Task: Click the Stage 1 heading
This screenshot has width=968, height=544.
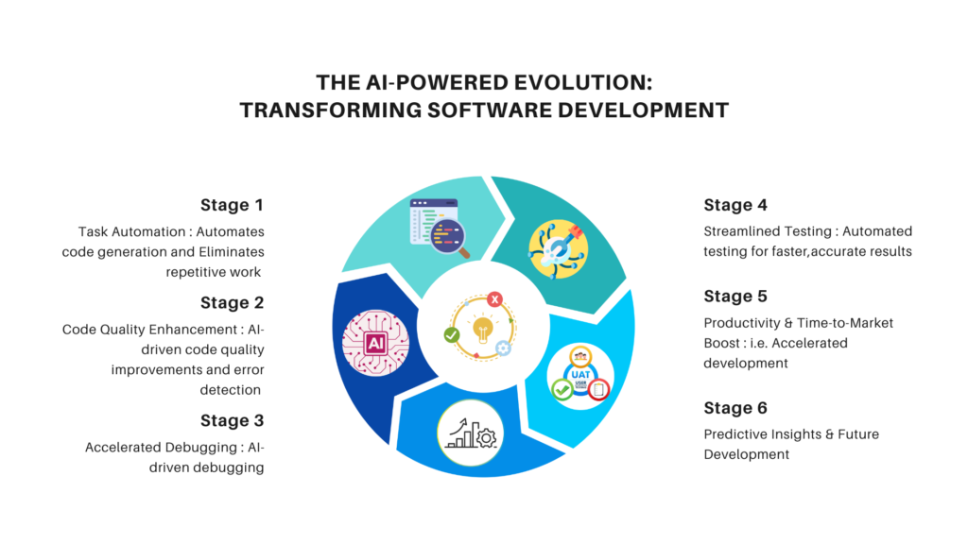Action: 233,205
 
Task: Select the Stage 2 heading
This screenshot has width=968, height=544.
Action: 233,303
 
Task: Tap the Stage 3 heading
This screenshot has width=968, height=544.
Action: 233,420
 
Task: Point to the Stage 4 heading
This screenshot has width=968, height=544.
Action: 735,205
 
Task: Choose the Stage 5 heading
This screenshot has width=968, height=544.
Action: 735,296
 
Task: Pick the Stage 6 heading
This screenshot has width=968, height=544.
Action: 735,408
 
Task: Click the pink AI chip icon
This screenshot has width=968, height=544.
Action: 375,343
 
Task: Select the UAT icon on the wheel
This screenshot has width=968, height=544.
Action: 580,376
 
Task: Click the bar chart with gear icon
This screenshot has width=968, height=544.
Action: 471,433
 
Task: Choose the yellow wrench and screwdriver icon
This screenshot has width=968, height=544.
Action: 558,249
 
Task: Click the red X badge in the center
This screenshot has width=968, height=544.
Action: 494,299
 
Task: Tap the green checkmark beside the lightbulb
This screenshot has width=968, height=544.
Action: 452,335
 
